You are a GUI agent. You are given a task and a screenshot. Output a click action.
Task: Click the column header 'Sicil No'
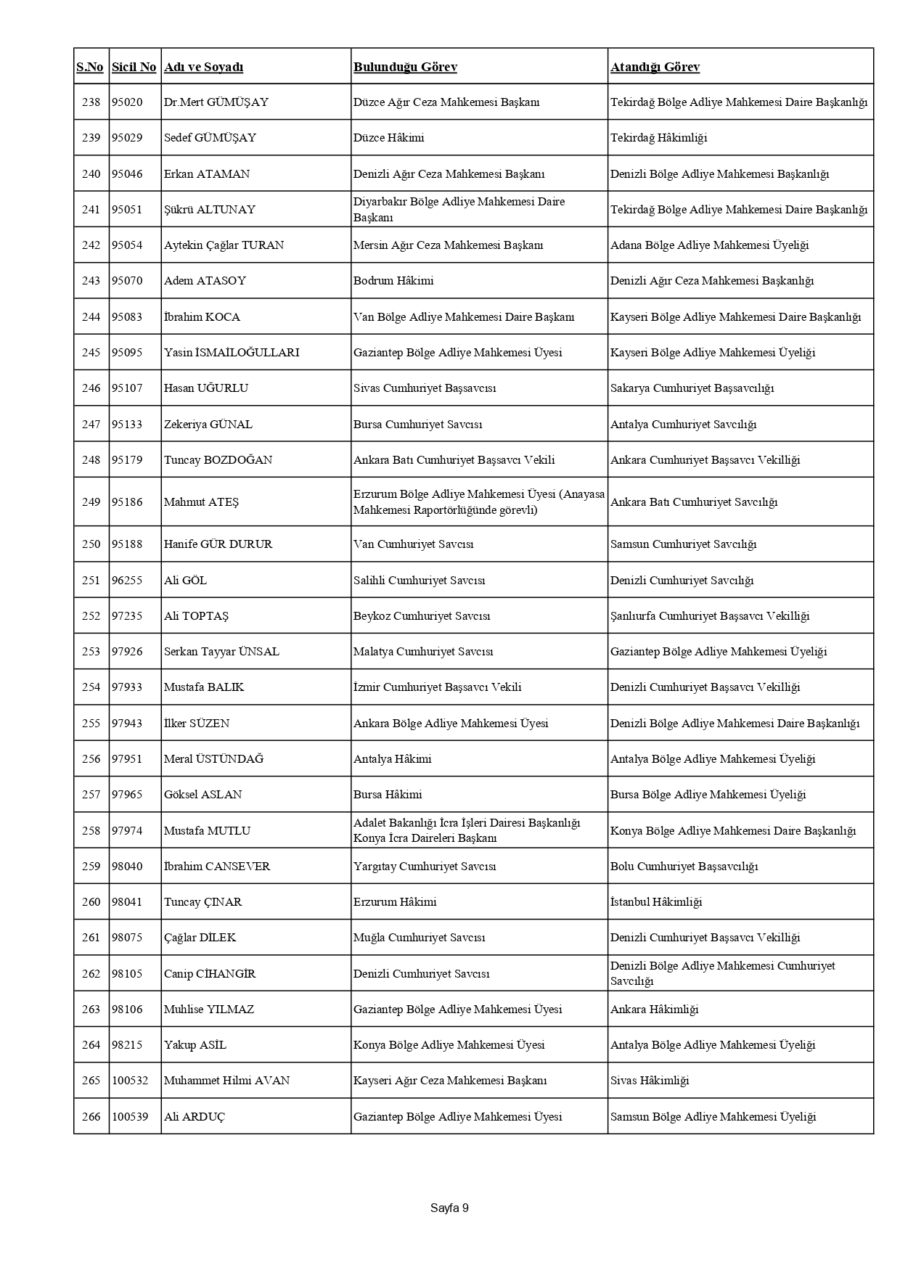pos(134,67)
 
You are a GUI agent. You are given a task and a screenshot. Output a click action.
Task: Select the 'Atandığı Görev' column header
pos(655,67)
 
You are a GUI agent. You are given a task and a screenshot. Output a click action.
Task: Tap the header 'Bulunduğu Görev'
pos(405,67)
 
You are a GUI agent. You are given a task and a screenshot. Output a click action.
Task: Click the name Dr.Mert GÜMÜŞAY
pos(216,102)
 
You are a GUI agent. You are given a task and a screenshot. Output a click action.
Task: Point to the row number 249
pos(91,502)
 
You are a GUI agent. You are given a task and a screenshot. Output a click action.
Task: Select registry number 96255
pos(127,580)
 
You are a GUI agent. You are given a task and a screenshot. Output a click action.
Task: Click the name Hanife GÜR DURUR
pos(218,544)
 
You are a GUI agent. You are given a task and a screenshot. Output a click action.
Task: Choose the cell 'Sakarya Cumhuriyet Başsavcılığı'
pos(692,388)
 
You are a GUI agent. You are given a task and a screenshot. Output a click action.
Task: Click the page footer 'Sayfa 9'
pos(449,1208)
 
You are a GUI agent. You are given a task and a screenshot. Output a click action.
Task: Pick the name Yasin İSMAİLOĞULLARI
pos(232,353)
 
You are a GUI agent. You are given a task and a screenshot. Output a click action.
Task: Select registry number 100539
pos(130,1116)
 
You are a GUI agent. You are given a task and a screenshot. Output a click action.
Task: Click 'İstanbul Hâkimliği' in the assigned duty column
pos(656,902)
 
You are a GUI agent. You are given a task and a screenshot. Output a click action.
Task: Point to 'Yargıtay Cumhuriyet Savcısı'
pos(425,867)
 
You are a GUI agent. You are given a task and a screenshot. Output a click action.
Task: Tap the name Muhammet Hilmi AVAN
pos(226,1081)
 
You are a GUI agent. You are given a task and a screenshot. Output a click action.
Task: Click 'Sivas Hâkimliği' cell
pos(649,1081)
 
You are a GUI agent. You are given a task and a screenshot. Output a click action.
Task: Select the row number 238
pos(91,102)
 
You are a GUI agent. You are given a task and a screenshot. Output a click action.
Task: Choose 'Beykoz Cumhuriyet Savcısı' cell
pos(422,616)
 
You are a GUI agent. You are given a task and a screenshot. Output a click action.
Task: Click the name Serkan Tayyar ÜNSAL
pos(221,652)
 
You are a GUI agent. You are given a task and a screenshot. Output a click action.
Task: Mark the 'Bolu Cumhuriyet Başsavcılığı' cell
pos(684,867)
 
